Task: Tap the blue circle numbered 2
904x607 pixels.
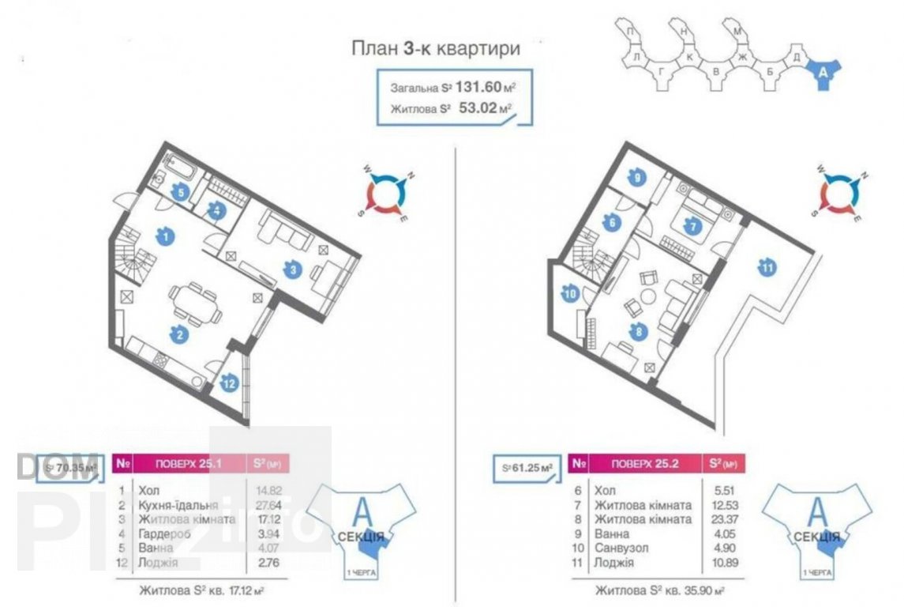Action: click(x=181, y=334)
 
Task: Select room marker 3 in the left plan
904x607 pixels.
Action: click(x=293, y=270)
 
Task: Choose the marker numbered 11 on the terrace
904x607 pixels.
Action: click(x=767, y=269)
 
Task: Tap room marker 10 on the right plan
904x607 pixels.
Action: click(x=571, y=295)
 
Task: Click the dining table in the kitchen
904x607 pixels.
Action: click(x=193, y=300)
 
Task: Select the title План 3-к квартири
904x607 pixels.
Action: click(x=435, y=49)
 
